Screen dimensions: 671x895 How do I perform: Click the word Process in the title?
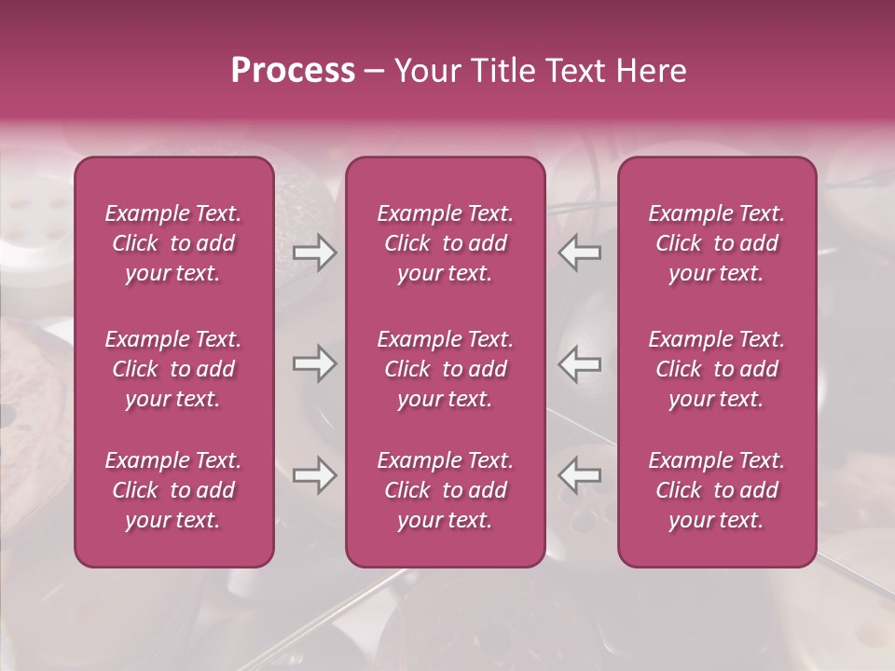click(293, 71)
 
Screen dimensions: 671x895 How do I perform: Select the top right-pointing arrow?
click(315, 253)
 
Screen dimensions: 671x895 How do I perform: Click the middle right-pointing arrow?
click(315, 363)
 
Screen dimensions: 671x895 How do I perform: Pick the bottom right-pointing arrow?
click(315, 475)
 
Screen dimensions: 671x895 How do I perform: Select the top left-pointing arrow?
click(580, 253)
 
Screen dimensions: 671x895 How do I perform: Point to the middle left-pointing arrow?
click(580, 363)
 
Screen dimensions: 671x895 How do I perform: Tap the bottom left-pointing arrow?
click(580, 475)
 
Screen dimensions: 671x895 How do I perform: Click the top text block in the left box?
click(173, 243)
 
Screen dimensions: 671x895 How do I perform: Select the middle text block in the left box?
click(173, 369)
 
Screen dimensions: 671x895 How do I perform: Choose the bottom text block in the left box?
click(173, 490)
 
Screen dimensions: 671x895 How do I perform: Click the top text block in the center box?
click(446, 243)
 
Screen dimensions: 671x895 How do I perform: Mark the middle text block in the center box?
click(446, 369)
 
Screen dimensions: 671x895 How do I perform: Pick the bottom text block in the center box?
click(446, 490)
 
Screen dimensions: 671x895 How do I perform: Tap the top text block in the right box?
click(717, 243)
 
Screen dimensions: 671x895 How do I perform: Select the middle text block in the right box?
click(717, 369)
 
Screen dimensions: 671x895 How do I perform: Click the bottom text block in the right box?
click(717, 490)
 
